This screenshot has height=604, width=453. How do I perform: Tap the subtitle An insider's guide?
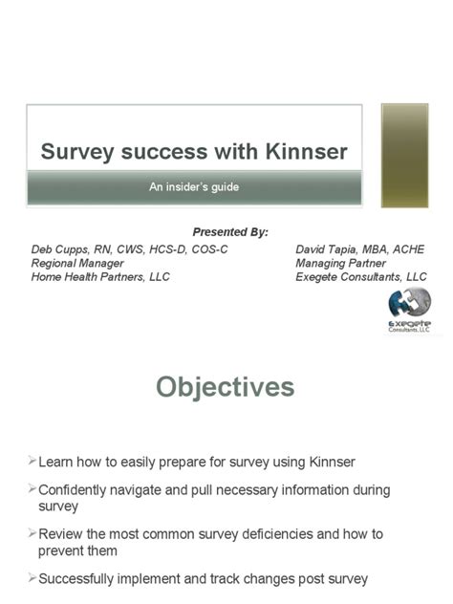[193, 186]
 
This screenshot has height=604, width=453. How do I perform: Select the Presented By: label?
[230, 232]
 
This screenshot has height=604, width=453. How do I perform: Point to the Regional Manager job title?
[77, 263]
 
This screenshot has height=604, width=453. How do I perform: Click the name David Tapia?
[329, 248]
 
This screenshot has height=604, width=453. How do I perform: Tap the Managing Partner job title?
[340, 263]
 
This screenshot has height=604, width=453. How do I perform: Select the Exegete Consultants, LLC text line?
[361, 277]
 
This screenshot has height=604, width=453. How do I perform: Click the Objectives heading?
[226, 387]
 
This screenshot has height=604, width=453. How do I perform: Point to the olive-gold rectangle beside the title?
[405, 155]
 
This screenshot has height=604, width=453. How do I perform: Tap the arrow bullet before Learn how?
[32, 462]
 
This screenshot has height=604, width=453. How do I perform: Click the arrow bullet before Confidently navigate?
[32, 490]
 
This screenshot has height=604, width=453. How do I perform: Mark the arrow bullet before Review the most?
[32, 536]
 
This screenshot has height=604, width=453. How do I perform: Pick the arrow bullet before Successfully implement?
[32, 579]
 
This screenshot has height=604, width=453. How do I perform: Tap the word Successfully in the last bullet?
[82, 579]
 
